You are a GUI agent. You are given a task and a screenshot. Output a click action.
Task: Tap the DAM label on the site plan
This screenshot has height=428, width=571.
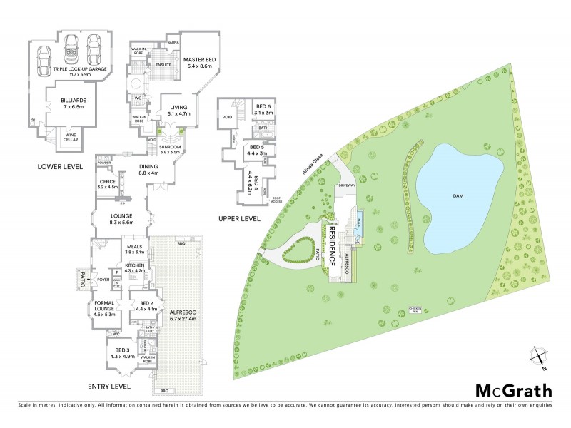pos(460,195)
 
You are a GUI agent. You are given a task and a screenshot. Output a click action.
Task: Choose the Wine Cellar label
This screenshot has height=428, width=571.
pos(71,136)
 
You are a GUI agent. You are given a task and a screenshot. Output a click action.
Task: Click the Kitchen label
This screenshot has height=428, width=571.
pos(135,268)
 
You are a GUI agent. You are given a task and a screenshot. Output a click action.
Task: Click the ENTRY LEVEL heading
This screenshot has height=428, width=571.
pos(110,386)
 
